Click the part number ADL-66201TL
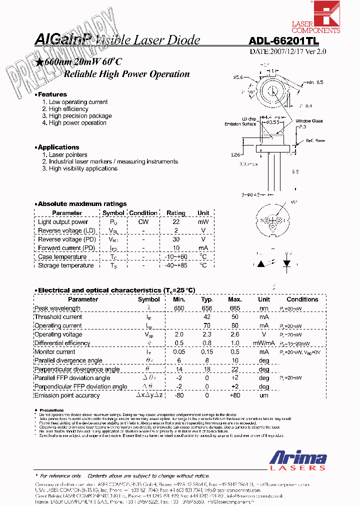283,43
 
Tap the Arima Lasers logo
298,460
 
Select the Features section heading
52,94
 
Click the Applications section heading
58,147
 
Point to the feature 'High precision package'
76,116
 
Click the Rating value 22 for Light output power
175,222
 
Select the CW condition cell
143,222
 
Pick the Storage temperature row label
65,265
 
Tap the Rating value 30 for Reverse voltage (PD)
175,239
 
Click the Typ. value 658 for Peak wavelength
206,308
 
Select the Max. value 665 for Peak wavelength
234,308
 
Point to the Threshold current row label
58,317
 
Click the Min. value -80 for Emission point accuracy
179,395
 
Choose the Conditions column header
302,299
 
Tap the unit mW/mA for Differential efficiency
263,343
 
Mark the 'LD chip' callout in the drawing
248,119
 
